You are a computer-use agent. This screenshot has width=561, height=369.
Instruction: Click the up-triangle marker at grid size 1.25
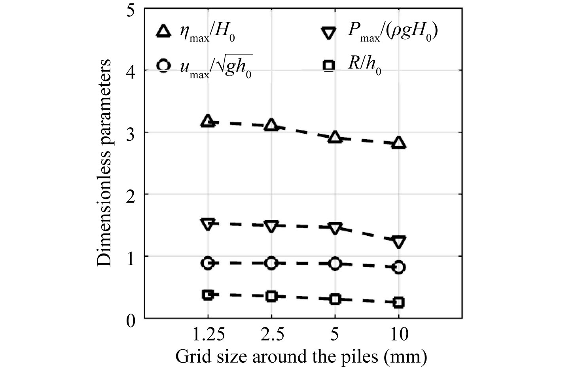(x=208, y=121)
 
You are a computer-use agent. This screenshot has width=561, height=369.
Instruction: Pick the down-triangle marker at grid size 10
(x=399, y=241)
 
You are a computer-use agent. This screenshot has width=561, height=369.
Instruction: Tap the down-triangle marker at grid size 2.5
(x=271, y=226)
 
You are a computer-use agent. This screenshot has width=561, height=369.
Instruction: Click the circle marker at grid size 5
(x=335, y=264)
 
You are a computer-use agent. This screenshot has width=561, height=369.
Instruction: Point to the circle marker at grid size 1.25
(x=208, y=263)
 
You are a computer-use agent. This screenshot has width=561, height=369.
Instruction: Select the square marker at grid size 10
(x=399, y=303)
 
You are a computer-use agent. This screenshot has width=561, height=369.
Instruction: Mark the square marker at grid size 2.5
(x=271, y=296)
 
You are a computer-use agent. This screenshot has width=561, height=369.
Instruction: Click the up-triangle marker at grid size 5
(x=335, y=138)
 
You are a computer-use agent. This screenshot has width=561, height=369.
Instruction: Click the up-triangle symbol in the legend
(x=164, y=32)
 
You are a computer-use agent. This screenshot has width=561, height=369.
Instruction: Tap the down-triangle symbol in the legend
(x=329, y=32)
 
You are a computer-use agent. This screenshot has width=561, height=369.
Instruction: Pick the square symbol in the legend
(x=329, y=66)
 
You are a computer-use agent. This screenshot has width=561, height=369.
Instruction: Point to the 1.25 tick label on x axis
(x=208, y=335)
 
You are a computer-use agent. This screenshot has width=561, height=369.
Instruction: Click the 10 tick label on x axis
(x=400, y=335)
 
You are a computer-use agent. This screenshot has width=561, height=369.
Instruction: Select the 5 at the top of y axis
(x=130, y=10)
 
